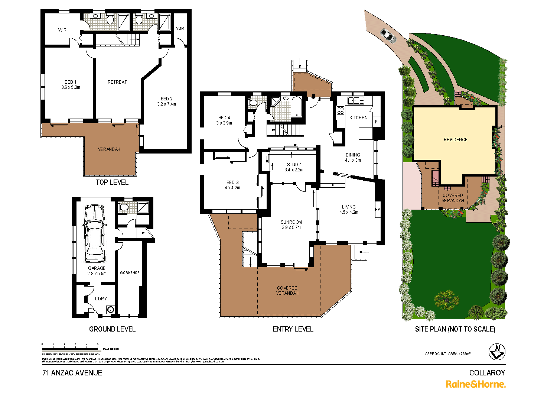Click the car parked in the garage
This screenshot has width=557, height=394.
pyautogui.click(x=95, y=234)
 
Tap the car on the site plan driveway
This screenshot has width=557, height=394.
pyautogui.click(x=388, y=35)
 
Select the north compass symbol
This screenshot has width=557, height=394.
pyautogui.click(x=497, y=351)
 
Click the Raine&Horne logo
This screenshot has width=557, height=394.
pyautogui.click(x=475, y=384)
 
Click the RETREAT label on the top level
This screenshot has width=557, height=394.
pyautogui.click(x=117, y=82)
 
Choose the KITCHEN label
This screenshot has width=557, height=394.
pyautogui.click(x=358, y=118)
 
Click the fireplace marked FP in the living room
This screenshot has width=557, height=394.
pyautogui.click(x=378, y=210)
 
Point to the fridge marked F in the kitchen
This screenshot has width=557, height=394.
pyautogui.click(x=376, y=122)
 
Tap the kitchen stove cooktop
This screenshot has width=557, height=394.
pyautogui.click(x=340, y=110)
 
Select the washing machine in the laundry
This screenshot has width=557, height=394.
pyautogui.click(x=110, y=309)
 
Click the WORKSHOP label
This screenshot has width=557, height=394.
pyautogui.click(x=130, y=273)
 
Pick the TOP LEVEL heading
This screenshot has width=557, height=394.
pyautogui.click(x=112, y=182)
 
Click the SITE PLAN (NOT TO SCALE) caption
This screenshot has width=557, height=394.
pyautogui.click(x=455, y=329)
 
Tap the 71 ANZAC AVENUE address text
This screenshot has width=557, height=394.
pyautogui.click(x=72, y=373)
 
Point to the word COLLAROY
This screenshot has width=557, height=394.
pyautogui.click(x=487, y=373)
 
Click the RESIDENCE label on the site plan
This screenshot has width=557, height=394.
pyautogui.click(x=455, y=140)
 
